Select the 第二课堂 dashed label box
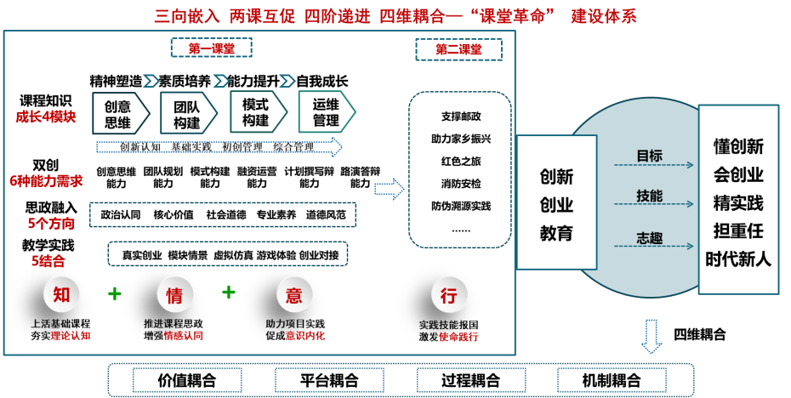[x=458, y=49]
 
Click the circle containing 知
[x=61, y=295]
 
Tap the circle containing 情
[x=174, y=295]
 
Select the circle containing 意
[x=294, y=295]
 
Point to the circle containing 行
[x=448, y=295]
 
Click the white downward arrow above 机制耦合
[x=652, y=337]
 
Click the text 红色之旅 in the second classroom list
[x=460, y=161]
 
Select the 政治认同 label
[x=120, y=214]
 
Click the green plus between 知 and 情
[x=115, y=293]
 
